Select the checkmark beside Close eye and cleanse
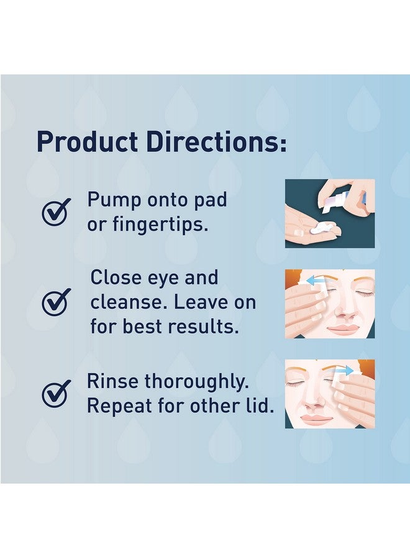[x=56, y=302]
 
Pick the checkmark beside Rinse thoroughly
[x=56, y=393]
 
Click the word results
[x=209, y=327]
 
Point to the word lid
[x=260, y=405]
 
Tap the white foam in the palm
[x=321, y=228]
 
